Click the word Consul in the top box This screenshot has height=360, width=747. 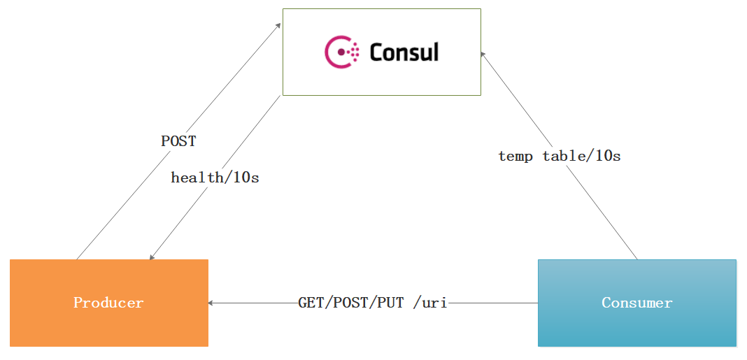(x=404, y=52)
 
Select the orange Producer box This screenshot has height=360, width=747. (x=109, y=303)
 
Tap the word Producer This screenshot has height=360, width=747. (x=108, y=303)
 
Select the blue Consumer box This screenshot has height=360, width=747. (x=637, y=303)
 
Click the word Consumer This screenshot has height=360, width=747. (x=637, y=303)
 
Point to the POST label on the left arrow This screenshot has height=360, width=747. (x=178, y=141)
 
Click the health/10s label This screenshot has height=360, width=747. (x=215, y=178)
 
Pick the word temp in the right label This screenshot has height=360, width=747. (x=516, y=156)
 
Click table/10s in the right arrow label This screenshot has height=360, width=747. (x=582, y=156)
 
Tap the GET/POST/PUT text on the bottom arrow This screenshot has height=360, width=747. (x=350, y=303)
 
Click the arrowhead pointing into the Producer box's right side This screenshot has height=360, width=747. (x=211, y=303)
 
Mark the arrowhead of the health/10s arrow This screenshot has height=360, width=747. (x=152, y=257)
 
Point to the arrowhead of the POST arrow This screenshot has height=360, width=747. (x=278, y=24)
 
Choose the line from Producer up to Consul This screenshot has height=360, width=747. (x=179, y=141)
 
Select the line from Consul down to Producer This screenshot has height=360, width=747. (x=215, y=178)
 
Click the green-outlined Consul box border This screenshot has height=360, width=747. (x=382, y=8)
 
